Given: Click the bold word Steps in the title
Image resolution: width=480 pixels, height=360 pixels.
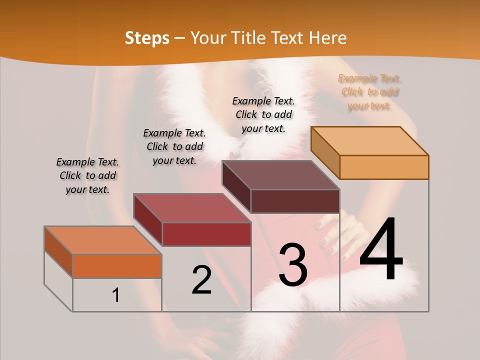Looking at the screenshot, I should (x=147, y=38).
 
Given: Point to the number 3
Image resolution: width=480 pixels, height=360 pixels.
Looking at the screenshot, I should (x=293, y=264).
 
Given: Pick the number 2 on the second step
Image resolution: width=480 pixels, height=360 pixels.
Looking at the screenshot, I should (x=202, y=280).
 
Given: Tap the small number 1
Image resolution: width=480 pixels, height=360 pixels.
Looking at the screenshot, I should (x=116, y=295).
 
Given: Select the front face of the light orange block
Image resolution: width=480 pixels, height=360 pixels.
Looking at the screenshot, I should (x=384, y=167).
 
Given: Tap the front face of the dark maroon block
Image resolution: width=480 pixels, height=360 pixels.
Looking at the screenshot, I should (x=295, y=201).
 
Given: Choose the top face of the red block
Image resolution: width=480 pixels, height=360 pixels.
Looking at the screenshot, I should (x=192, y=208).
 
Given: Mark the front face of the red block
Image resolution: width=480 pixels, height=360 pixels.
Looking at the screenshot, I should (x=206, y=234).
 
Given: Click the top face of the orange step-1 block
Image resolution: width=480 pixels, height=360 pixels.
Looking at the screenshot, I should (x=103, y=240).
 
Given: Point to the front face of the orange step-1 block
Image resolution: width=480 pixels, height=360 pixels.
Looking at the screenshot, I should (x=117, y=266).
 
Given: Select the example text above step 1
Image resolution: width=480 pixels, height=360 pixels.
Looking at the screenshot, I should (x=87, y=175).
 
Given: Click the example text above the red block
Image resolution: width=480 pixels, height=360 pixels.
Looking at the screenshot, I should (x=174, y=146).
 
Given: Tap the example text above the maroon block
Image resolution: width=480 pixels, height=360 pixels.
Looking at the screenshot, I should (x=263, y=114).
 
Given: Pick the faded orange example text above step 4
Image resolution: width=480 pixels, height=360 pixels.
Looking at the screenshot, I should (x=369, y=92).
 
